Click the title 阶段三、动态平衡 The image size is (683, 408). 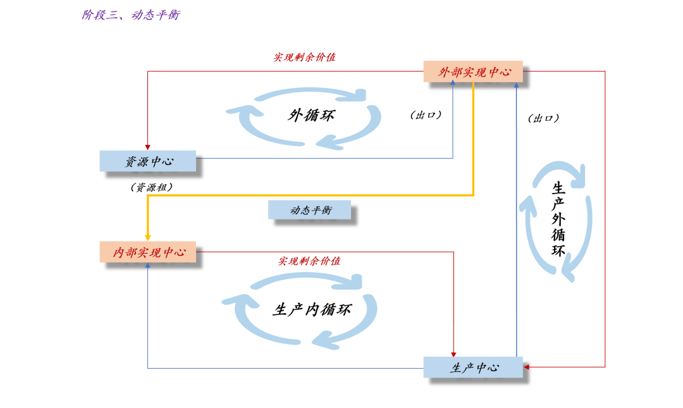click(x=131, y=15)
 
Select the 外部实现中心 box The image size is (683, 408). click(x=473, y=71)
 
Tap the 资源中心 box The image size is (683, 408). click(x=147, y=161)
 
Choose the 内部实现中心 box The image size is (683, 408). click(x=147, y=252)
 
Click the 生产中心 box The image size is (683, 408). click(x=473, y=368)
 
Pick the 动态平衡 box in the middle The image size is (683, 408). click(x=309, y=210)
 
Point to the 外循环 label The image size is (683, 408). click(x=311, y=116)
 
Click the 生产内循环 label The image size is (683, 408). click(x=311, y=309)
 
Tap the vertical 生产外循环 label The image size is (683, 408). click(x=558, y=219)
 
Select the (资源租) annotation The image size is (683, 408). click(x=151, y=187)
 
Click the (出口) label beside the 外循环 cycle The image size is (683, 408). click(x=426, y=115)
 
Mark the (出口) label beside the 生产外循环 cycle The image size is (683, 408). click(x=543, y=118)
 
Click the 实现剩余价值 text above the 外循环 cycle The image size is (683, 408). click(x=304, y=57)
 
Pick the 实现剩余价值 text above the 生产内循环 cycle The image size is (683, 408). click(x=309, y=261)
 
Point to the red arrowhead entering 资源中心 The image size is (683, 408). click(x=147, y=148)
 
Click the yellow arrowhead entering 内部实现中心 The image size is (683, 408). click(x=147, y=238)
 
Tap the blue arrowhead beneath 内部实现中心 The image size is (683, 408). click(x=147, y=265)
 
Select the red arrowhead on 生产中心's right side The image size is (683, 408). click(x=526, y=367)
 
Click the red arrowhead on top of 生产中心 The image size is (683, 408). click(x=453, y=354)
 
